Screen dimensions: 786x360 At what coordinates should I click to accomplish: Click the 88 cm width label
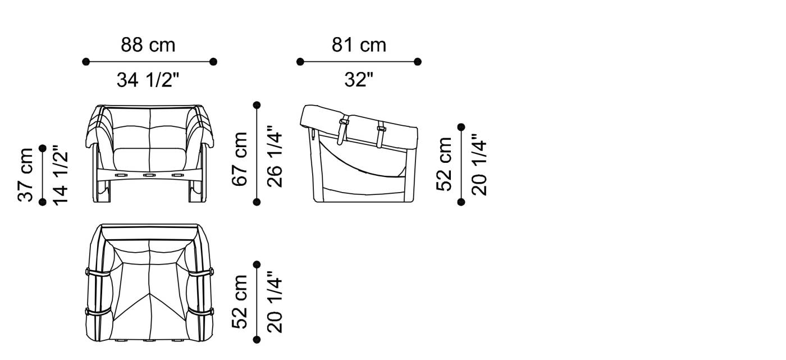(148, 45)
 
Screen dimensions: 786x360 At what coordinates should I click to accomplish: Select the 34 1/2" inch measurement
(148, 80)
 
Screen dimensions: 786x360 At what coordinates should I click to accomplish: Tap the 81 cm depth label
(359, 45)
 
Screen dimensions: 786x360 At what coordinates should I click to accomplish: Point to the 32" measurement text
(359, 79)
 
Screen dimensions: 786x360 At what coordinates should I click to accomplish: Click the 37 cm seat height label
(25, 175)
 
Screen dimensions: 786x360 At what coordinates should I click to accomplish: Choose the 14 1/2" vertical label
(60, 175)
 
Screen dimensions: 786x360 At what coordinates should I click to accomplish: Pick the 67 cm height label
(240, 159)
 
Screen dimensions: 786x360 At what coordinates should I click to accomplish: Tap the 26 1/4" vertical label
(275, 157)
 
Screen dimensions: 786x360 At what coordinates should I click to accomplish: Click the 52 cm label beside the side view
(444, 164)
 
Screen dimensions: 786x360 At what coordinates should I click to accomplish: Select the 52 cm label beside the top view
(240, 302)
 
